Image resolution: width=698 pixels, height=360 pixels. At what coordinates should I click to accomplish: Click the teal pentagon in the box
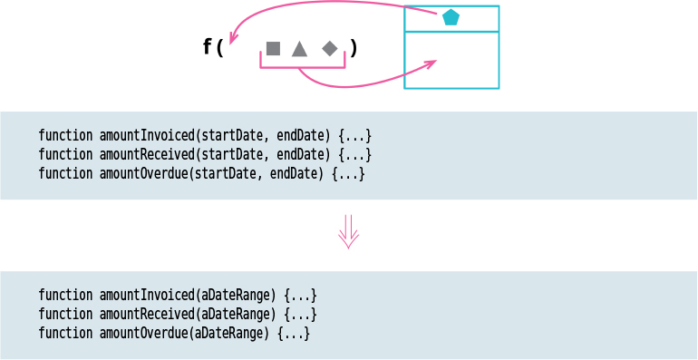click(x=451, y=17)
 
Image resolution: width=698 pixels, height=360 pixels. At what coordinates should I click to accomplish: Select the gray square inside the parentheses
click(x=273, y=48)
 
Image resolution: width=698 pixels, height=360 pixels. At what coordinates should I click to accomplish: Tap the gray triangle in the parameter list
click(x=299, y=48)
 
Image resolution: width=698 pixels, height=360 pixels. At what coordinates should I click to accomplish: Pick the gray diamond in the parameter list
click(x=330, y=48)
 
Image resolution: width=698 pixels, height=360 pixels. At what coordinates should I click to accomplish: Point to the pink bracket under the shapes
click(x=303, y=65)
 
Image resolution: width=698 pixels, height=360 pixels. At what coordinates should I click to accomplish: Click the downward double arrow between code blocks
click(x=348, y=232)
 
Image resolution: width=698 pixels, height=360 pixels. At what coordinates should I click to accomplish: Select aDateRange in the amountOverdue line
click(x=230, y=333)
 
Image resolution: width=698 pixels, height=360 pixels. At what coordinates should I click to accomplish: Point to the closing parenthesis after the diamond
click(x=354, y=48)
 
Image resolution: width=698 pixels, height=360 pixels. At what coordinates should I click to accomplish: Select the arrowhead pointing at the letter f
click(x=232, y=39)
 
